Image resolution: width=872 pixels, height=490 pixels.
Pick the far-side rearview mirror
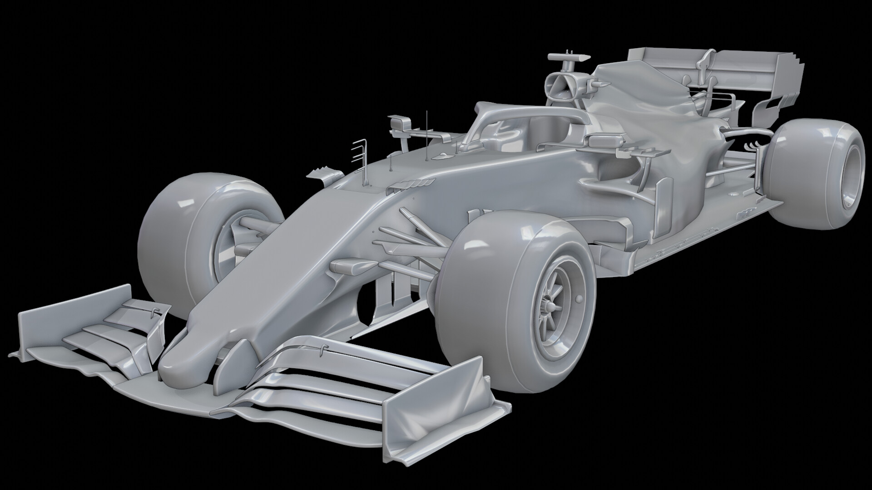(x=400, y=122)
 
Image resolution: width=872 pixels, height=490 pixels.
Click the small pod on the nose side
(x=350, y=266)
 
